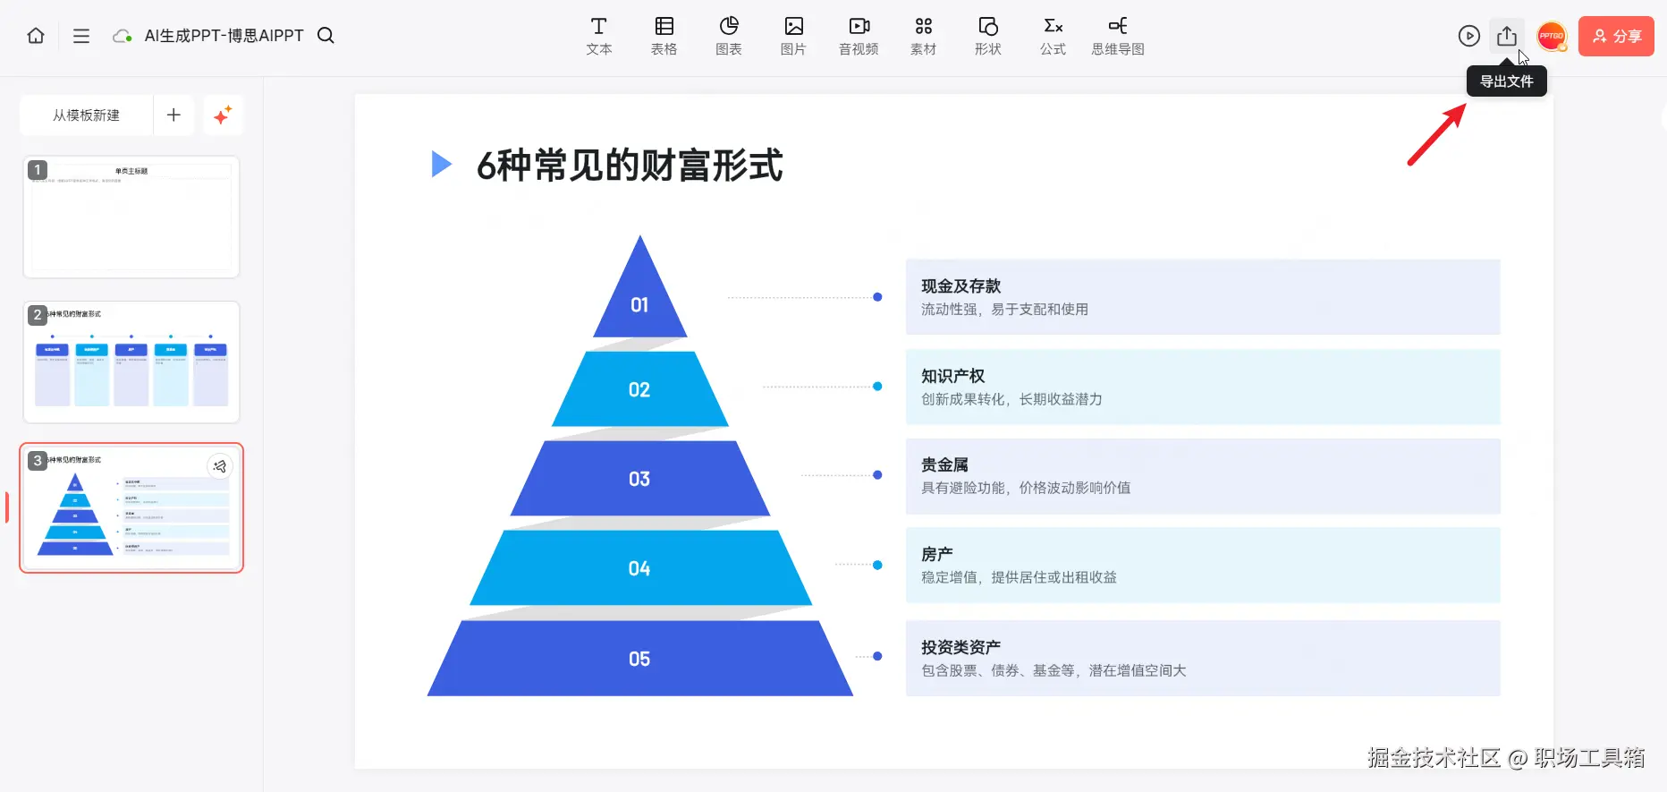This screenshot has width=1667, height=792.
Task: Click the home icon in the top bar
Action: coord(36,36)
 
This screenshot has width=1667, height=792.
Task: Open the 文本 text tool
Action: coord(598,36)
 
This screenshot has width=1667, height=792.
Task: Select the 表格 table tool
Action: coord(664,36)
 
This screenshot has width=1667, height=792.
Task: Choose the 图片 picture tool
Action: coord(793,36)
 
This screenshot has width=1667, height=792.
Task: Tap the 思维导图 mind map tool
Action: coord(1117,36)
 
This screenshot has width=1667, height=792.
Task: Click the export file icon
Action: coord(1506,36)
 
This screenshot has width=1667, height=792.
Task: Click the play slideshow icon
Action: coord(1468,36)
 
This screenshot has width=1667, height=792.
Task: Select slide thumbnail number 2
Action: coord(131,362)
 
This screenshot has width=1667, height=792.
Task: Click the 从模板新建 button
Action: coord(86,115)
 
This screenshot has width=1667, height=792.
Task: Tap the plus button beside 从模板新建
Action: coord(173,115)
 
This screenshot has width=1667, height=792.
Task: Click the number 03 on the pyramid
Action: coord(639,479)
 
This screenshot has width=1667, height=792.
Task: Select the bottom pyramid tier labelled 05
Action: coord(639,659)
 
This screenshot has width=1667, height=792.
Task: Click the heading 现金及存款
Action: coord(960,286)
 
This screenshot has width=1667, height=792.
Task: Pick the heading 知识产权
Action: coord(952,376)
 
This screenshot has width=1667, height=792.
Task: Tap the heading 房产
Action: coord(936,555)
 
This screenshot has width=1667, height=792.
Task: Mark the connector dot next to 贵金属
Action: coord(877,475)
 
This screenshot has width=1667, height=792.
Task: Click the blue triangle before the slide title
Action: coord(441,164)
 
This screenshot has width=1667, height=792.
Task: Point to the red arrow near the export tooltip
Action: coord(1436,135)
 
